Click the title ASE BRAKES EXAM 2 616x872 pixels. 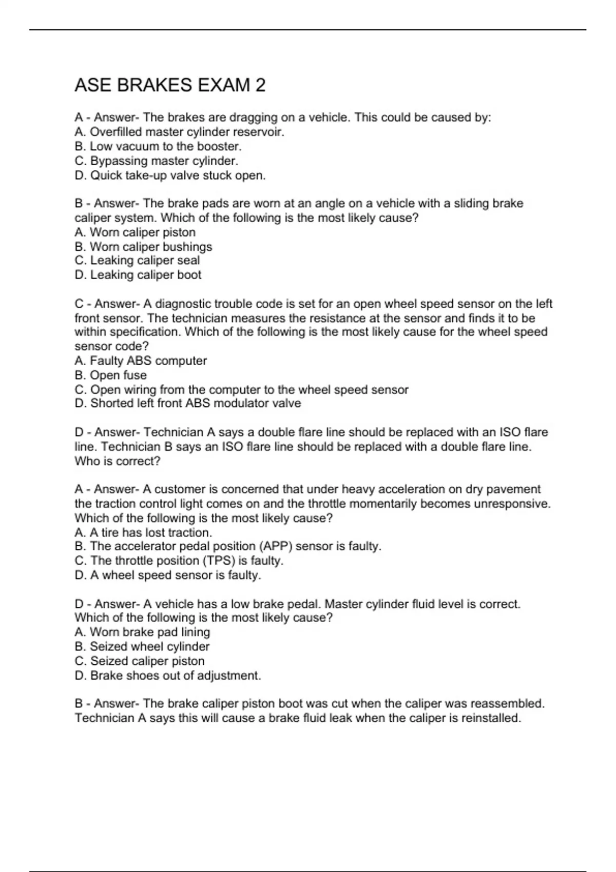click(170, 85)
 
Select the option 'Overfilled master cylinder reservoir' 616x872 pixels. click(179, 132)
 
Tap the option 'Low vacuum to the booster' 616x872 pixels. click(158, 146)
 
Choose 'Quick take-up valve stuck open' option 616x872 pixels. click(170, 175)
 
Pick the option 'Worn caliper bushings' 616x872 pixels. click(143, 247)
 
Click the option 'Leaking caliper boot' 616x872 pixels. click(138, 275)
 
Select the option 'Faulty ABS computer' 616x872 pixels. click(141, 361)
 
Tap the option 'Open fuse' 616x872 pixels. click(110, 375)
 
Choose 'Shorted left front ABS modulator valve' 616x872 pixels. click(188, 403)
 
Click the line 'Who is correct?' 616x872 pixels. click(118, 461)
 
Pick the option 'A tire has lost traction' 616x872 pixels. click(143, 532)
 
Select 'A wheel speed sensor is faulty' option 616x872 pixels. click(168, 576)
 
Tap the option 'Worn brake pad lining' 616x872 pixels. click(142, 632)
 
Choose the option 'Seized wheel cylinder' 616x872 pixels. click(142, 646)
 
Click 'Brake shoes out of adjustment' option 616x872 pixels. click(168, 676)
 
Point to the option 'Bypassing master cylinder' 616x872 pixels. click(157, 161)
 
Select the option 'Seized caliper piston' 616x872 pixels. click(140, 661)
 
